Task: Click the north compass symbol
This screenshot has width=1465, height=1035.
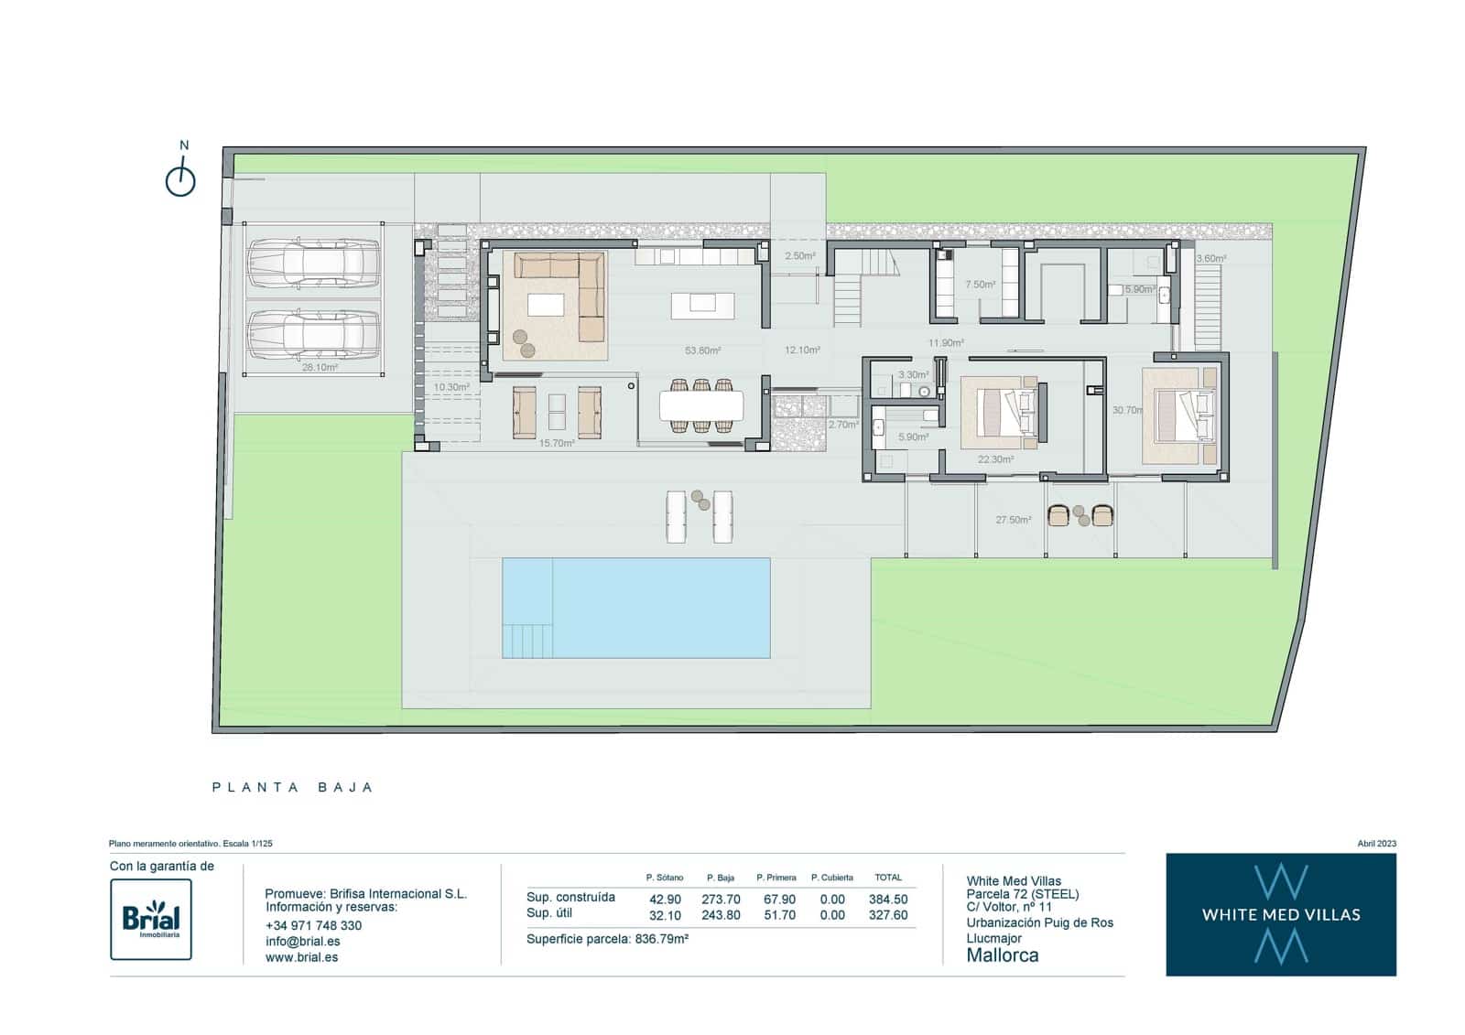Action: tap(180, 178)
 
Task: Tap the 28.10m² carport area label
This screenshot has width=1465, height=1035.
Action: tap(320, 367)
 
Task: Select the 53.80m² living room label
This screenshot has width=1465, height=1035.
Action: tap(702, 350)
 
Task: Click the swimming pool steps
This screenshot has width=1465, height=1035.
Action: tap(527, 640)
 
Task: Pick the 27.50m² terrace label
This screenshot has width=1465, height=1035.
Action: tap(1013, 520)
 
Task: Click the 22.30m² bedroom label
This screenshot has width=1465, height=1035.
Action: tap(995, 459)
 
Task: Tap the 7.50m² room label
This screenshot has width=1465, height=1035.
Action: tap(980, 285)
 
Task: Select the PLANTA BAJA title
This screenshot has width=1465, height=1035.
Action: tap(293, 787)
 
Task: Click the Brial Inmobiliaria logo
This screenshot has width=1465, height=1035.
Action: tap(151, 919)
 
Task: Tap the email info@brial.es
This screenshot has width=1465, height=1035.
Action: tap(303, 941)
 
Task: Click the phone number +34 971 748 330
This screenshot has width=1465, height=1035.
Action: tap(313, 925)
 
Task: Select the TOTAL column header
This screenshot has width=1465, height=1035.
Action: tap(888, 878)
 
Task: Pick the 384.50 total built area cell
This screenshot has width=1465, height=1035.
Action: tap(888, 900)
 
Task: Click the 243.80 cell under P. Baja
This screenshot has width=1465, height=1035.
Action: tap(721, 915)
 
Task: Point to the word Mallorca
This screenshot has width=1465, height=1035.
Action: tap(1003, 955)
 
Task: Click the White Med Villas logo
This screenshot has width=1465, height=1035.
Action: tap(1280, 914)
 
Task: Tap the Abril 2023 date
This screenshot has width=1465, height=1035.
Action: tap(1376, 844)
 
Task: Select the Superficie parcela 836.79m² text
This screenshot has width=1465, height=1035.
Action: tap(607, 939)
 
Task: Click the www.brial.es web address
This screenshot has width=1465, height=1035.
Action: tap(301, 957)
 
